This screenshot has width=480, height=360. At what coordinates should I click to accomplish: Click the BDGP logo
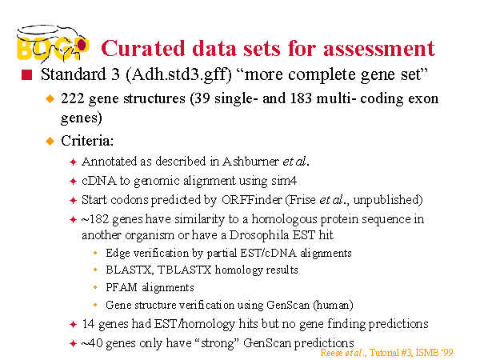coord(53,43)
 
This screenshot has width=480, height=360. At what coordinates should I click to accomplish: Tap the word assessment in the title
coord(379,48)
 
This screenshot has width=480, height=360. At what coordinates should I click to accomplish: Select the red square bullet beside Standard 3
coord(26,75)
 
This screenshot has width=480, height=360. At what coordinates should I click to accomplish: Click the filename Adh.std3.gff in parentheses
coord(178,74)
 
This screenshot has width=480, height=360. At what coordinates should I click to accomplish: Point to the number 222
coord(72,98)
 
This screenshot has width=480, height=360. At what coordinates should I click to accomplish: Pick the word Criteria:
coord(87,141)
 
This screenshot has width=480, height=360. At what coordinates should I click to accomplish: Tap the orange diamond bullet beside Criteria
coord(50,141)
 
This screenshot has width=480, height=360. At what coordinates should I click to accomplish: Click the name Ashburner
coord(250,162)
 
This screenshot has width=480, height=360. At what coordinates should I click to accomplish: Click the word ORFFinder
coord(252,200)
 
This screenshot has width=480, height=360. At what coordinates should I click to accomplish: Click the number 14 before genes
coord(88,324)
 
